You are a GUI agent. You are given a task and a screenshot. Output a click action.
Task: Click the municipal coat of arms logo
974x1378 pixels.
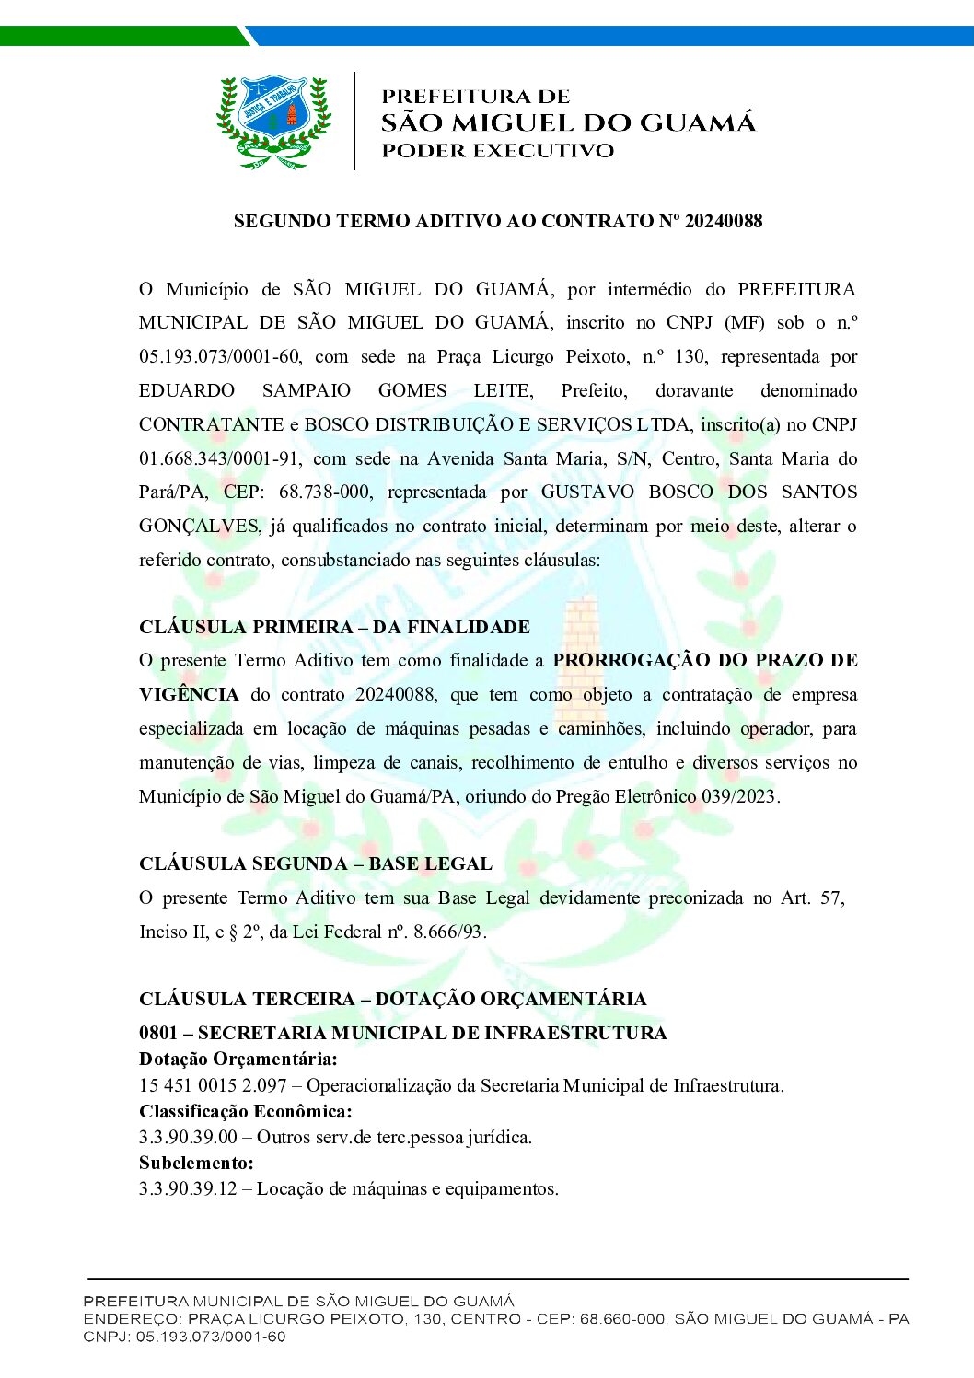[272, 122]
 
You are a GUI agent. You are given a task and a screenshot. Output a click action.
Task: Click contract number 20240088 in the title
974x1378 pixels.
[724, 221]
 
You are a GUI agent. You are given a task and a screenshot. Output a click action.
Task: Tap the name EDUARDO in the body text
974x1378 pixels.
[187, 390]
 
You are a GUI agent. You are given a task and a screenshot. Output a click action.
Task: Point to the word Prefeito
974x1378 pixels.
[594, 390]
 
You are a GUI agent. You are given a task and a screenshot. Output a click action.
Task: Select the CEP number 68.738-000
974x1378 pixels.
[325, 492]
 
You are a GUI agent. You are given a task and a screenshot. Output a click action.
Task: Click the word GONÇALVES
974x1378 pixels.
[199, 527]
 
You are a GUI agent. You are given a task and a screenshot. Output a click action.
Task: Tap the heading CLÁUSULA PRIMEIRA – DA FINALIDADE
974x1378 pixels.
[334, 627]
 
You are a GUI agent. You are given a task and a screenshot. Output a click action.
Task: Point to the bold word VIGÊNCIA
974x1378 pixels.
[189, 695]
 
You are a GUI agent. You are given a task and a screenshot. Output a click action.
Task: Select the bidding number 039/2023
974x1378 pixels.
[739, 796]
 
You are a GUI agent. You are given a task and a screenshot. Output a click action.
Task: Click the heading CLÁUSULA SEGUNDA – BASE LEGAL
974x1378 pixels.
[315, 863]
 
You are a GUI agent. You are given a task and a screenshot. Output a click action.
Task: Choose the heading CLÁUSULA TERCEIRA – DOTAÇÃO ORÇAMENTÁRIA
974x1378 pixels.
[392, 999]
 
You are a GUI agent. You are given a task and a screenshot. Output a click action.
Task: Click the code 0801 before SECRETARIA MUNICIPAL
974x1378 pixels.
[158, 1033]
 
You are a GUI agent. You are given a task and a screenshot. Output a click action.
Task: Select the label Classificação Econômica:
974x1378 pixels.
[245, 1111]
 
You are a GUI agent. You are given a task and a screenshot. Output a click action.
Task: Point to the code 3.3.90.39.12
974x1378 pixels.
[188, 1188]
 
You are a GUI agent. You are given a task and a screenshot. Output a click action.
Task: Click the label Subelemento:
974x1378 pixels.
[196, 1163]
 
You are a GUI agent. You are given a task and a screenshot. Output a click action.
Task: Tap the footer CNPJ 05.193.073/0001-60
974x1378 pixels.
[184, 1337]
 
